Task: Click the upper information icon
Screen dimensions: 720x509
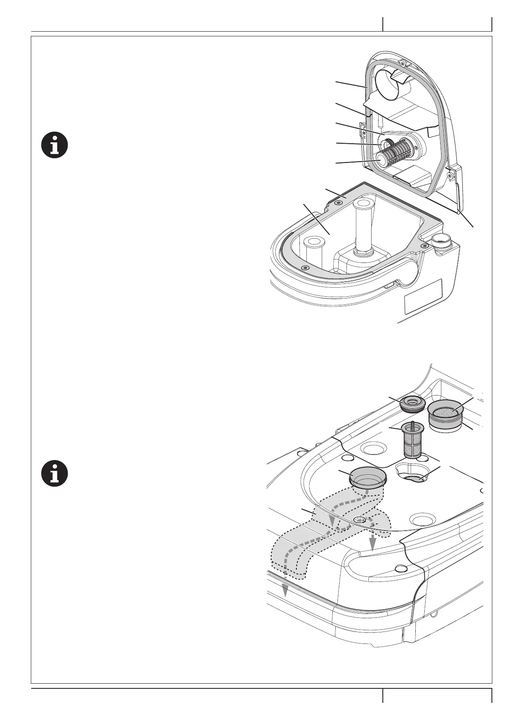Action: pyautogui.click(x=54, y=145)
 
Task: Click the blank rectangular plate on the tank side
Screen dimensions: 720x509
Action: pyautogui.click(x=423, y=296)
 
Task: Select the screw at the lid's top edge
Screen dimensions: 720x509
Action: pyautogui.click(x=402, y=63)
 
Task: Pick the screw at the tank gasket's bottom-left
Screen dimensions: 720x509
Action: pyautogui.click(x=305, y=267)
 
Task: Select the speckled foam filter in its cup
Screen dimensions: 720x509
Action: pyautogui.click(x=447, y=413)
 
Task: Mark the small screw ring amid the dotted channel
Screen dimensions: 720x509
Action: pyautogui.click(x=360, y=519)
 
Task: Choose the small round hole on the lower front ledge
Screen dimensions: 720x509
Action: pyautogui.click(x=400, y=568)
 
